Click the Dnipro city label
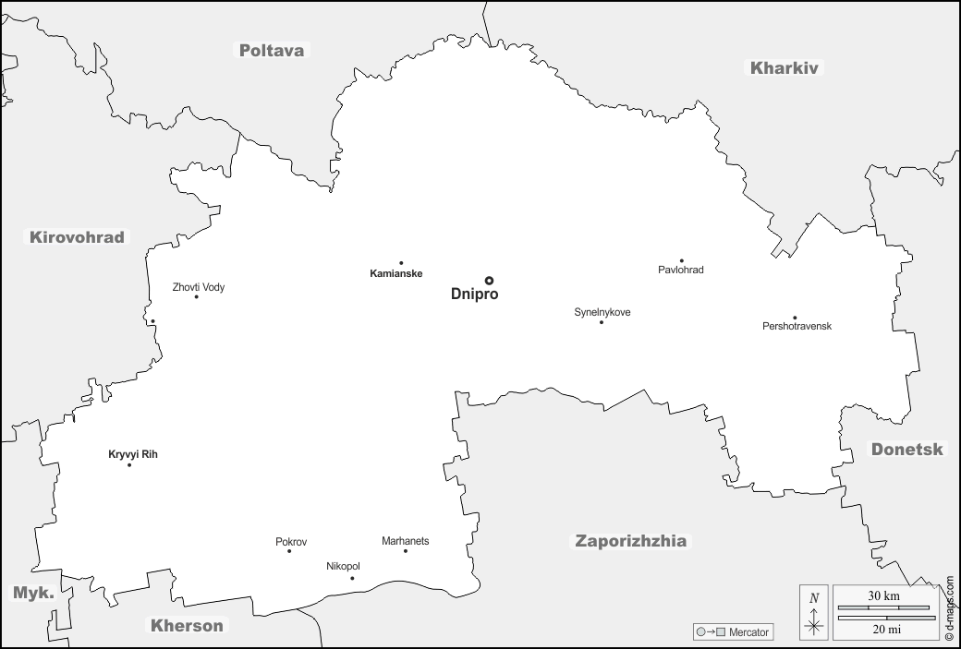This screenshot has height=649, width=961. click(x=474, y=294)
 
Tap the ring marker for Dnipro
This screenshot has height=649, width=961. click(x=489, y=281)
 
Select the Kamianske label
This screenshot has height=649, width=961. click(x=395, y=274)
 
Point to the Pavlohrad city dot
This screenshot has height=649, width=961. click(x=682, y=261)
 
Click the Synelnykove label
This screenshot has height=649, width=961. click(x=602, y=312)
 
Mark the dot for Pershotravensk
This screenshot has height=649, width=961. click(x=795, y=318)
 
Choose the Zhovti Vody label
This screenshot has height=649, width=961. click(x=199, y=287)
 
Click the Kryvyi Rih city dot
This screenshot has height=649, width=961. click(x=129, y=464)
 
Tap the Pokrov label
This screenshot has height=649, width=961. click(x=291, y=542)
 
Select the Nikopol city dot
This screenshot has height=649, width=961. click(x=352, y=579)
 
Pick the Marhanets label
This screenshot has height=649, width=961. click(x=406, y=541)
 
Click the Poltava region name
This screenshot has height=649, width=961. click(x=272, y=51)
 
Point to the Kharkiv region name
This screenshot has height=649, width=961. click(x=785, y=67)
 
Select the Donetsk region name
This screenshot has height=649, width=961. click(x=907, y=450)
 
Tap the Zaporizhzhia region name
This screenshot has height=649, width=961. click(x=631, y=541)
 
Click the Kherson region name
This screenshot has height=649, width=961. click(x=188, y=626)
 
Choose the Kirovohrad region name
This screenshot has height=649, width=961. click(x=77, y=237)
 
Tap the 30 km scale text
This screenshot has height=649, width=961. click(x=883, y=596)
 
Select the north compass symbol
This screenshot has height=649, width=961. click(x=814, y=613)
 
